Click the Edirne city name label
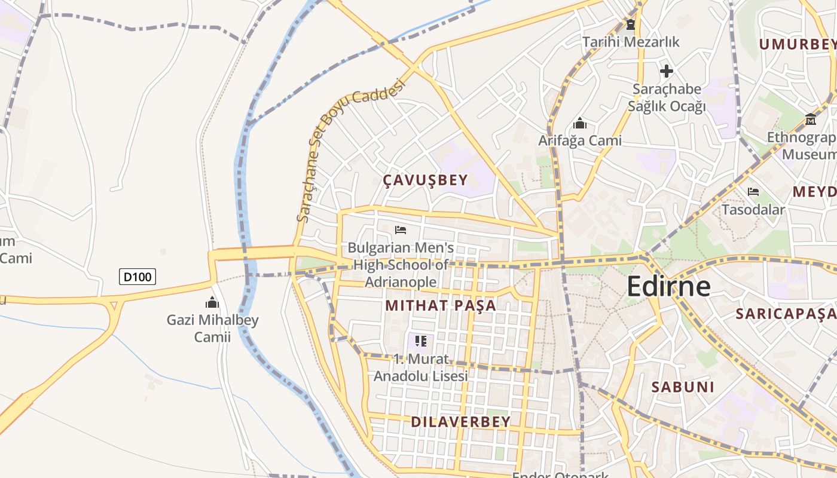click(668, 287)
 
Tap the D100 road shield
click(138, 277)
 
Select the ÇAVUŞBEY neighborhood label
click(425, 180)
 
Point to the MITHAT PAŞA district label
click(441, 305)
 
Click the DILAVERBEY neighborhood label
click(460, 422)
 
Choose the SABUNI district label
click(683, 387)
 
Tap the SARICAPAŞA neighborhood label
click(786, 314)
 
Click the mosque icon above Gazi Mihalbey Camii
click(212, 302)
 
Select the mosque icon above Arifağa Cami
click(579, 124)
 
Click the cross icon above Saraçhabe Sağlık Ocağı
click(667, 72)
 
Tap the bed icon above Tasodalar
click(753, 192)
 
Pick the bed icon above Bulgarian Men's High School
click(401, 230)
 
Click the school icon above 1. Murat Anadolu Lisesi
click(421, 341)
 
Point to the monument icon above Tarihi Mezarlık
click(631, 24)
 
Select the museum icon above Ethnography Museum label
click(811, 119)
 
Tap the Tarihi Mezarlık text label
click(631, 42)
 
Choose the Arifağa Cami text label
click(580, 141)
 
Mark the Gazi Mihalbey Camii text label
click(212, 328)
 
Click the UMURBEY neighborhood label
click(798, 44)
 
